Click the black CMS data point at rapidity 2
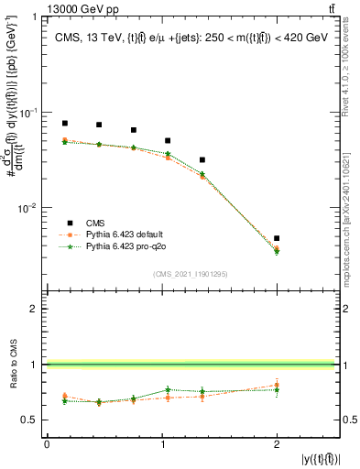277,238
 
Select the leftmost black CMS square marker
64,123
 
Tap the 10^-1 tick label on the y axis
29,112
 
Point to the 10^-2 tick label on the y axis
29,208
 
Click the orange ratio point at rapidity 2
277,385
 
